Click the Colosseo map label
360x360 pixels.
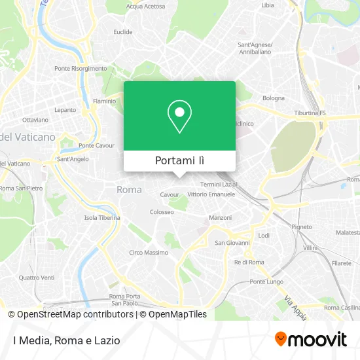(162, 212)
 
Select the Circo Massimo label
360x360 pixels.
(148, 252)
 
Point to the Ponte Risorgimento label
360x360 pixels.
(81, 68)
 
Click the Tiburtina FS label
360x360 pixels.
(310, 113)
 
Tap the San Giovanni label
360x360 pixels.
(232, 243)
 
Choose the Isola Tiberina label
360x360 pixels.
(102, 218)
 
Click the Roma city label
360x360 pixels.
(128, 190)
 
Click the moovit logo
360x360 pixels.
(311, 339)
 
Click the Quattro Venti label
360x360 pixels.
(37, 278)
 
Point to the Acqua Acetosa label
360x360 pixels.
(146, 6)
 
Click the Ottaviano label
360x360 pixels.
(35, 120)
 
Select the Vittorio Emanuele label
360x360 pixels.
(211, 195)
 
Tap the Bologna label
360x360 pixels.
(274, 98)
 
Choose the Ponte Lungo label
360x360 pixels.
(266, 281)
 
